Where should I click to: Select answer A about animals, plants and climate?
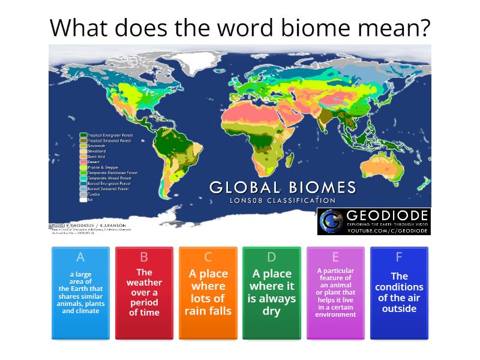click(80, 293)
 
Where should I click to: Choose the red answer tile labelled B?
click(144, 293)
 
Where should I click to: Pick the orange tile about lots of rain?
click(208, 293)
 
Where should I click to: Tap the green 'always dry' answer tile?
click(271, 293)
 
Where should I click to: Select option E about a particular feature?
click(335, 293)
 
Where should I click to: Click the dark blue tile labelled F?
click(399, 293)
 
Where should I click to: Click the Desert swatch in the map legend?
click(83, 162)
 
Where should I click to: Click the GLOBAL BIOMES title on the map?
click(283, 187)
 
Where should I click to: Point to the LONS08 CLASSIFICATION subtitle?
click(283, 200)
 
